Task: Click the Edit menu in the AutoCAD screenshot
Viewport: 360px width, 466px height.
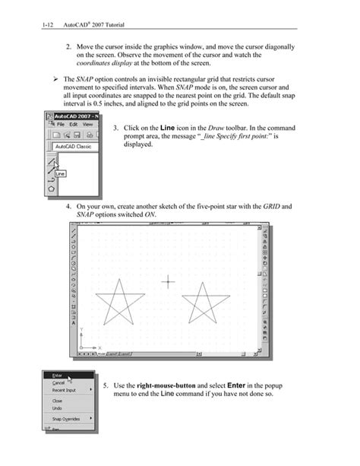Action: click(73, 124)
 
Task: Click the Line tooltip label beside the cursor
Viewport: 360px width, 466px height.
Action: click(60, 173)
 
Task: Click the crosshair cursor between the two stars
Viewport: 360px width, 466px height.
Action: click(168, 283)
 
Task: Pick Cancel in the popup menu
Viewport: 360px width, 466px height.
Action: click(58, 382)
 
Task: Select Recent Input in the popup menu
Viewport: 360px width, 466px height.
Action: click(65, 390)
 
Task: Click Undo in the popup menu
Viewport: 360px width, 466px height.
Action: click(57, 408)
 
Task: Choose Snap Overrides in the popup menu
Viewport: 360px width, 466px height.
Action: click(67, 419)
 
